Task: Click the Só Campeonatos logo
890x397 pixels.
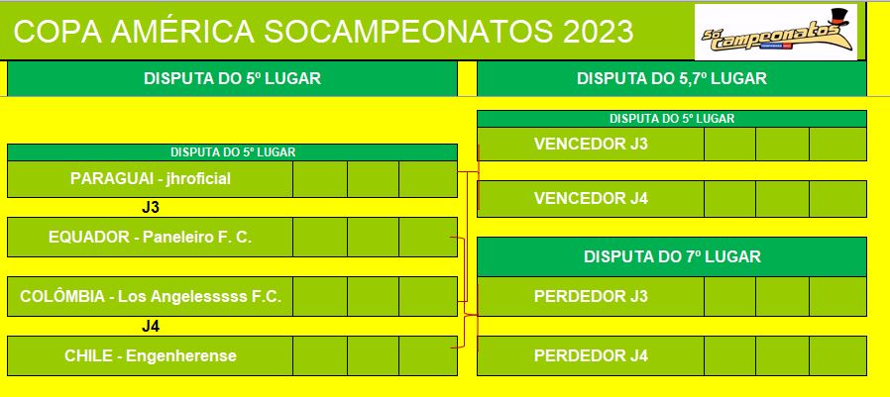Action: [x=776, y=32]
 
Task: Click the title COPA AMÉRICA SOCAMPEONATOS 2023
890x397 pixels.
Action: [x=323, y=32]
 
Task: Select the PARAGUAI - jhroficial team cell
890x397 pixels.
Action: [x=150, y=179]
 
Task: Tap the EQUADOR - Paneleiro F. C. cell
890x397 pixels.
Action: [x=150, y=237]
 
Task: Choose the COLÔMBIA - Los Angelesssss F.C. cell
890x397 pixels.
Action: [x=150, y=297]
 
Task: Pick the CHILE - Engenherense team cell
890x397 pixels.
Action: [x=150, y=356]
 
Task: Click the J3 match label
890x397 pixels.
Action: [x=151, y=208]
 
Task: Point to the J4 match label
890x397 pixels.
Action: [x=151, y=326]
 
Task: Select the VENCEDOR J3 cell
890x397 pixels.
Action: [x=591, y=145]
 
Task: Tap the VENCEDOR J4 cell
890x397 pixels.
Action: [x=591, y=198]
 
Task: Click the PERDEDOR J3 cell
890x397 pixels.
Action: [x=591, y=296]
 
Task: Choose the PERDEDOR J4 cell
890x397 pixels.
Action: [x=591, y=356]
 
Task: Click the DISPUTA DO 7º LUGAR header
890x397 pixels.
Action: [x=672, y=257]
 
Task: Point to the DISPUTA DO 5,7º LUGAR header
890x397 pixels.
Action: [x=672, y=78]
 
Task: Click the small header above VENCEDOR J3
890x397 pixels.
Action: [x=672, y=119]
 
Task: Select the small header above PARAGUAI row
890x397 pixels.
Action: [x=232, y=152]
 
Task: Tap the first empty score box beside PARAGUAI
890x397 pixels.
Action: [x=320, y=179]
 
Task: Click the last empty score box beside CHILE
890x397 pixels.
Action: [x=428, y=356]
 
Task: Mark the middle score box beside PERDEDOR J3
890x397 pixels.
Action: [x=782, y=296]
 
